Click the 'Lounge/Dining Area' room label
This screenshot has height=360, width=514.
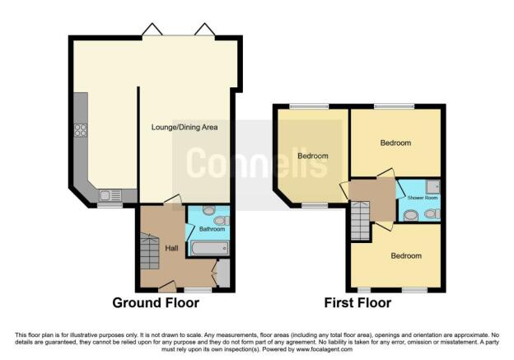point(185,127)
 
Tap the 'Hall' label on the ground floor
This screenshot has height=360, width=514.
point(171,247)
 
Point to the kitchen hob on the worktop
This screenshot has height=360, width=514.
point(82,129)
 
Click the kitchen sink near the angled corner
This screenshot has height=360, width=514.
point(109,195)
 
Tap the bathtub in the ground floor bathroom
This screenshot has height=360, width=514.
point(208,248)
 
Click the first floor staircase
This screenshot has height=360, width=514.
point(359,223)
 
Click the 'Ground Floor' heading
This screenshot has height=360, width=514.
point(156,303)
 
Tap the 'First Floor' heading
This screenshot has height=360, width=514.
point(357,303)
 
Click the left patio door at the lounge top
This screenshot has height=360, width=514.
point(152,31)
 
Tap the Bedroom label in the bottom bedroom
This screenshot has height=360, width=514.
point(405,255)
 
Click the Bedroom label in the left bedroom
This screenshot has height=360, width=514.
point(313,156)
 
